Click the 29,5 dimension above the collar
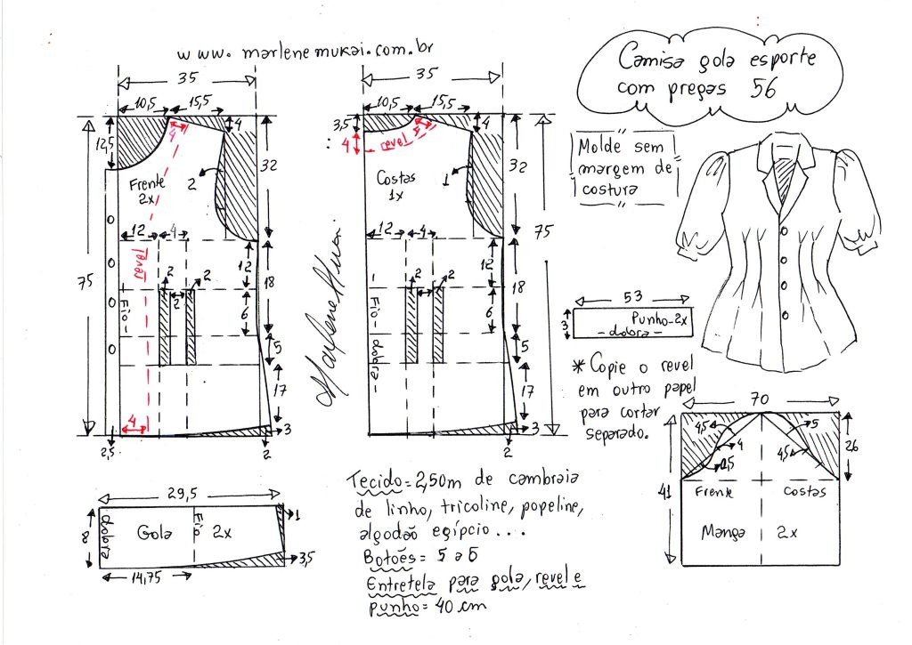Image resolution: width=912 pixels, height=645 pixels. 191,493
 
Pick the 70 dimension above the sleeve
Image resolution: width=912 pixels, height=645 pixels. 761,401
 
